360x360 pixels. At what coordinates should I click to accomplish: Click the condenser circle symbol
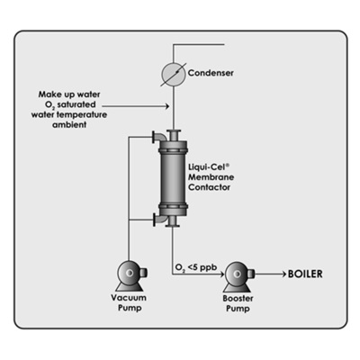coord(174,75)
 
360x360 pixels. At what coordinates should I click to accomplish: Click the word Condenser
coord(211,73)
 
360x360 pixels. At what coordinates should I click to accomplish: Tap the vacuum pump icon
coord(130,275)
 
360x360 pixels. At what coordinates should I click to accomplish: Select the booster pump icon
coord(238,276)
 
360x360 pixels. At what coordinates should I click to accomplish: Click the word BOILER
coord(305,274)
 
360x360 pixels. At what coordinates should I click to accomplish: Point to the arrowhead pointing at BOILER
coord(283,274)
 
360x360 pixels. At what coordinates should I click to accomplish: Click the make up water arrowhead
coord(166,106)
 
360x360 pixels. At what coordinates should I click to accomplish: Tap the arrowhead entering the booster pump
coord(221,274)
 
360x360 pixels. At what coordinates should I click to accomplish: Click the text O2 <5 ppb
coord(195,267)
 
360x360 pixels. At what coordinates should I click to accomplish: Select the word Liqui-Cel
coord(209,166)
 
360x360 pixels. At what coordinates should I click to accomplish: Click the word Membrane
coord(211,177)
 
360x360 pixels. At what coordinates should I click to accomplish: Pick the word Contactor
coord(209,187)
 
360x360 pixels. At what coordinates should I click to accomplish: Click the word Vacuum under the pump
coord(129,298)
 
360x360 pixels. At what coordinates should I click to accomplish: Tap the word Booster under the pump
coord(238,299)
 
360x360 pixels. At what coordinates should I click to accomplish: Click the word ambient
coord(69,125)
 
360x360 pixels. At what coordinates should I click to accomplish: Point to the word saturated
coord(76,104)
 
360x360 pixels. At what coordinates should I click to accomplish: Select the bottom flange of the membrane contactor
coord(173,224)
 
